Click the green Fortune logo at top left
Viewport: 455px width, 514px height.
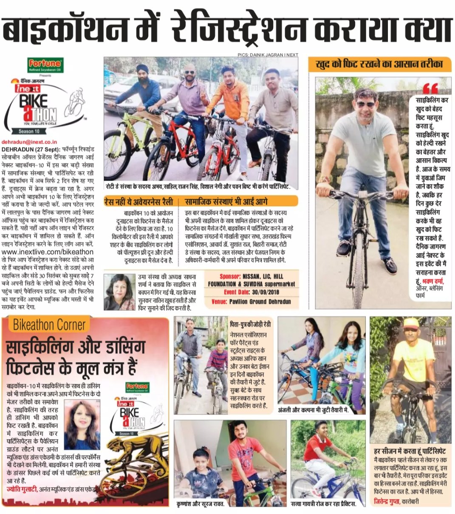(44, 64)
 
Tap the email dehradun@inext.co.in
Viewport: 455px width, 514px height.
(29, 143)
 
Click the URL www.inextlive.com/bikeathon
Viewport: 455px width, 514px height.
(50, 252)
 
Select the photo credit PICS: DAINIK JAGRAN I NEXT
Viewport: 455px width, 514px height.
(268, 54)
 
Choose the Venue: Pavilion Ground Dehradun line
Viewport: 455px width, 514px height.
(251, 301)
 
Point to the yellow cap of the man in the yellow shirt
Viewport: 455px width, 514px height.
(411, 324)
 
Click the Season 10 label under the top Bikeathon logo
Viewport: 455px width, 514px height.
(28, 131)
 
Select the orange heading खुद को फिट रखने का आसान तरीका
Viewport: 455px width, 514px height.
(379, 65)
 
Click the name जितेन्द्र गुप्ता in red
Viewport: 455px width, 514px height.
(387, 502)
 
